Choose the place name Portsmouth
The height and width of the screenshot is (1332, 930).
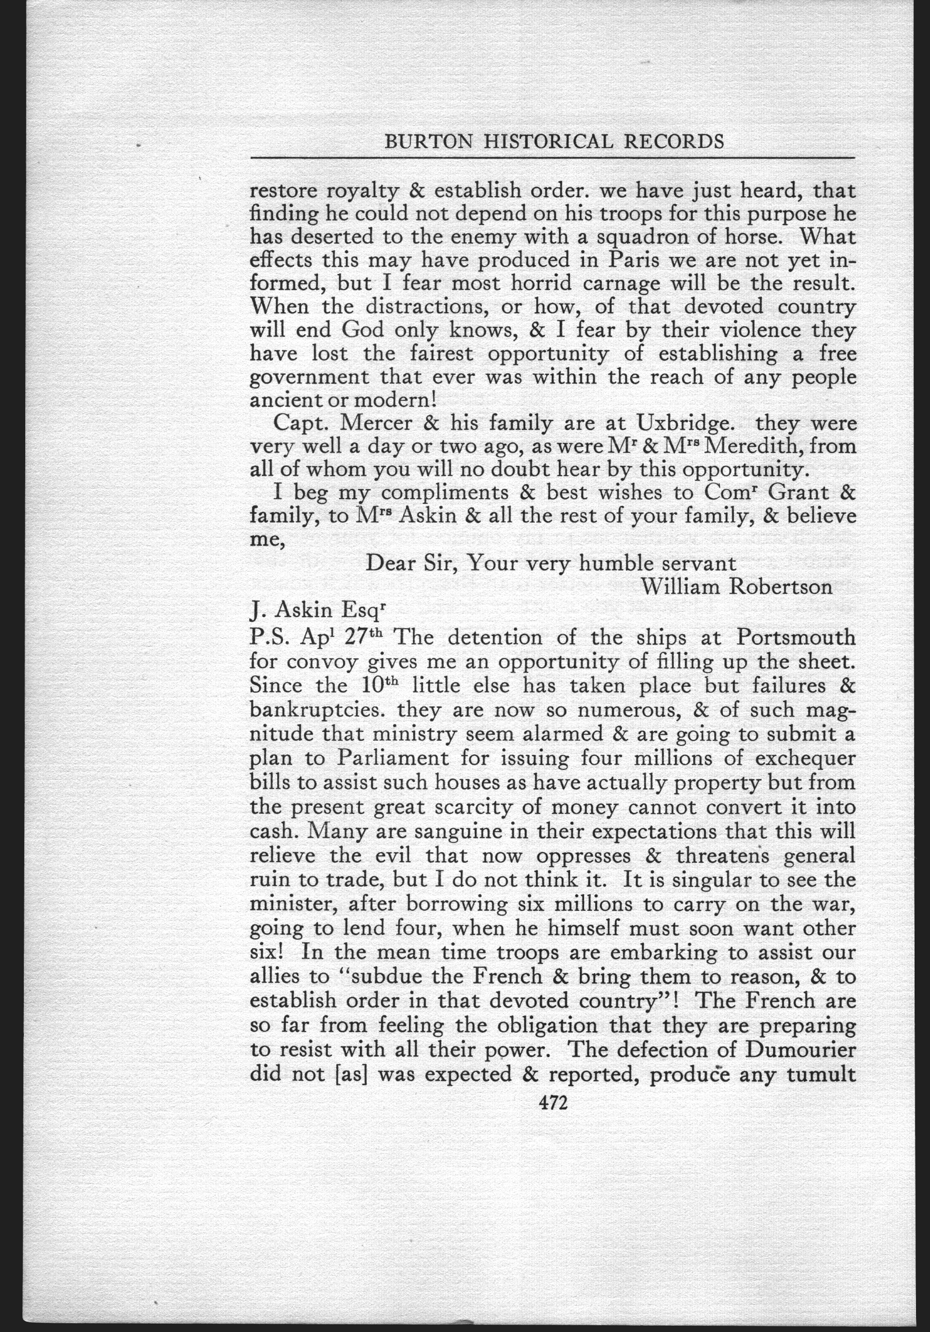(796, 638)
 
